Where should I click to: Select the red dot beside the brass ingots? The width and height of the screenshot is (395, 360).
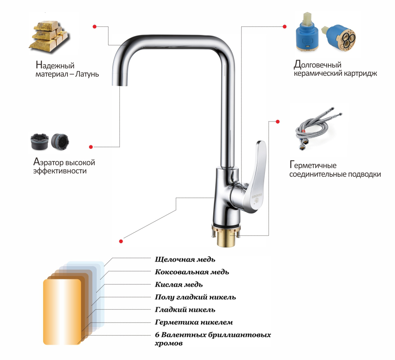tap(95, 26)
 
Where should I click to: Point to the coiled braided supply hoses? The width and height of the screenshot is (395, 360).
tap(318, 129)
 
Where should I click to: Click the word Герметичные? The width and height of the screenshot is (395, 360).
tap(313, 166)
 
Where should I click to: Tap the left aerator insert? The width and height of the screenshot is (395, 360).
tap(39, 142)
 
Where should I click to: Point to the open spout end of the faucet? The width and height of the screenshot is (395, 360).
tap(119, 84)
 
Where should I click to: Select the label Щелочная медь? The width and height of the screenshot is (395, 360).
tap(185, 259)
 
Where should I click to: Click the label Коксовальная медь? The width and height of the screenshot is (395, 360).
tap(192, 272)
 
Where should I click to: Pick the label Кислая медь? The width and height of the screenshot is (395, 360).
tap(179, 285)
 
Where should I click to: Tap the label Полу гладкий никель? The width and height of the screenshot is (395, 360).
tap(195, 297)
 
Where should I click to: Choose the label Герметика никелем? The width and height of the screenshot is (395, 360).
tap(194, 322)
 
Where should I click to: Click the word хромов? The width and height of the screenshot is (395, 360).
tap(169, 344)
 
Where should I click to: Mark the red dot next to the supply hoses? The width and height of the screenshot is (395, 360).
tap(278, 122)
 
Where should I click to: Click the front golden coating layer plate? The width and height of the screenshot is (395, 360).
tap(62, 312)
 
